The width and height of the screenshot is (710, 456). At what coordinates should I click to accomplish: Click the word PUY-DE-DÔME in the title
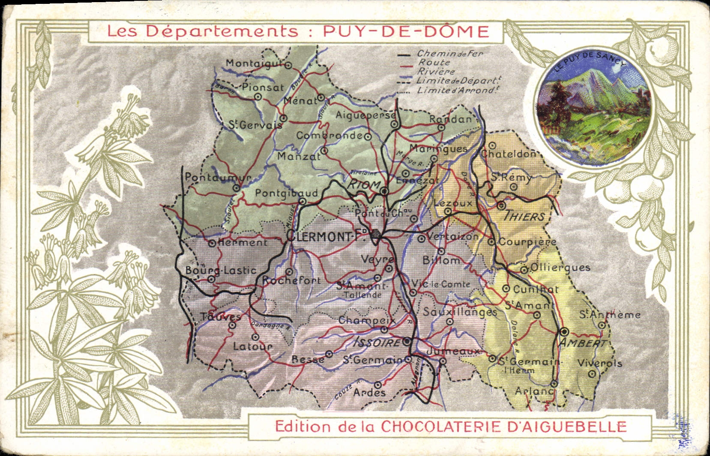pos(406,31)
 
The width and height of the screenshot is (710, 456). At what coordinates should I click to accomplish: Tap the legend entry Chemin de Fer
pos(450,54)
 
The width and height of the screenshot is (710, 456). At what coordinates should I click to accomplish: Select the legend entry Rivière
pos(436,72)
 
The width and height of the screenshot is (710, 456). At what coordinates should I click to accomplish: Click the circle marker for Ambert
pos(564,331)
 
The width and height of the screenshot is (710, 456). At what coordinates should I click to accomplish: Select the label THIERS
pos(525,216)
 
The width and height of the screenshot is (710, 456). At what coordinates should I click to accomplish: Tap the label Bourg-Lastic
pos(221,271)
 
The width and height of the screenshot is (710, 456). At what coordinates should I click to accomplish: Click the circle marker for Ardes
pos(377,384)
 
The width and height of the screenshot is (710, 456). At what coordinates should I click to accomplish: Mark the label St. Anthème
pos(610,315)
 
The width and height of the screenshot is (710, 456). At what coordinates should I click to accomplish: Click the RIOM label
pos(364,185)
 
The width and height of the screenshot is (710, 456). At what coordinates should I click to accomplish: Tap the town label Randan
pos(450,119)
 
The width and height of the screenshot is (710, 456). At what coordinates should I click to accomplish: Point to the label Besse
pos(308,359)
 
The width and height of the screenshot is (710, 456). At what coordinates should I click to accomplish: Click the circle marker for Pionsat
pos(258,96)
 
